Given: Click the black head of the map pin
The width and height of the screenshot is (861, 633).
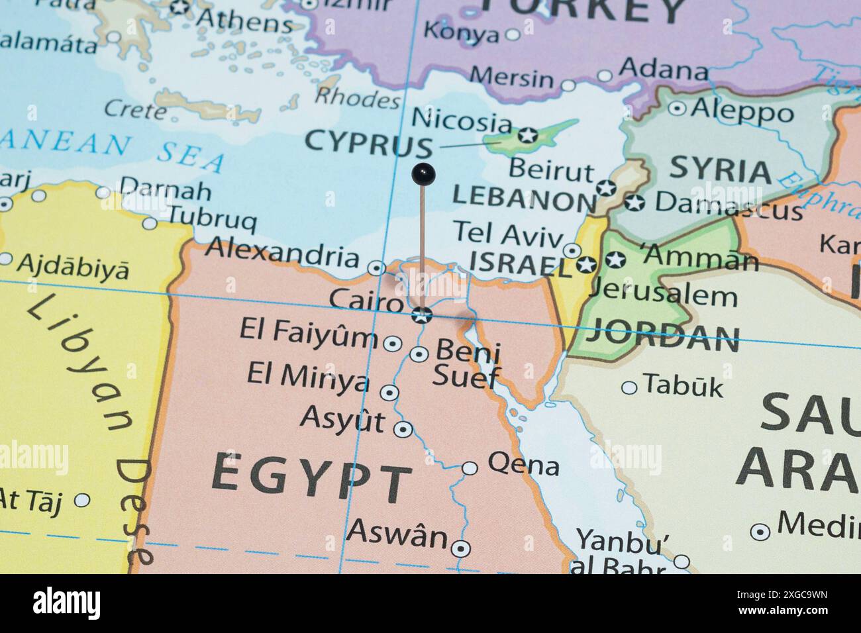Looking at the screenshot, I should coord(423,174).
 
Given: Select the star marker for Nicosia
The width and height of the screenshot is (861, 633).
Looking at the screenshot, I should coord(527,135).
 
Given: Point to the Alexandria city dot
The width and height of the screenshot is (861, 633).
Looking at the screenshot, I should coord(376,268).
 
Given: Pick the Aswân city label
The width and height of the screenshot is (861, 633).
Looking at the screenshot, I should coord(397,534).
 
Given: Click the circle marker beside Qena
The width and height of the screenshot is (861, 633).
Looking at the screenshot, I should coord(470,468).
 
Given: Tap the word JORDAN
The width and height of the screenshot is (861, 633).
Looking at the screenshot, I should coord(664,338).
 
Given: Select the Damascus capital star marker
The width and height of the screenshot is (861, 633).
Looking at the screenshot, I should coord(634,203).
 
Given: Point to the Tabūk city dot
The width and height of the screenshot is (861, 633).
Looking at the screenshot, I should coord(629,387).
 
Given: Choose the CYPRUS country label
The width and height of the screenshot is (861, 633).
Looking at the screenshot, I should coord(368,143).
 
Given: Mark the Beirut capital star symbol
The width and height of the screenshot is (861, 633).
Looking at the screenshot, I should coord(605,187).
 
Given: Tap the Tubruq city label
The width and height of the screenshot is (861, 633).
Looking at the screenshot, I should coord(211,218).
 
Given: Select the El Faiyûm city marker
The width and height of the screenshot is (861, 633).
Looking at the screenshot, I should coord(393,344).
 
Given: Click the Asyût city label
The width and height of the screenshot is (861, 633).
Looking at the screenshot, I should coord(342,420).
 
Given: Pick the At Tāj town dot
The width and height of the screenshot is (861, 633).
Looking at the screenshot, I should coord(82,500).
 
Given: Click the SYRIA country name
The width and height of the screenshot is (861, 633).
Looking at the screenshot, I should coord(720,171).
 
